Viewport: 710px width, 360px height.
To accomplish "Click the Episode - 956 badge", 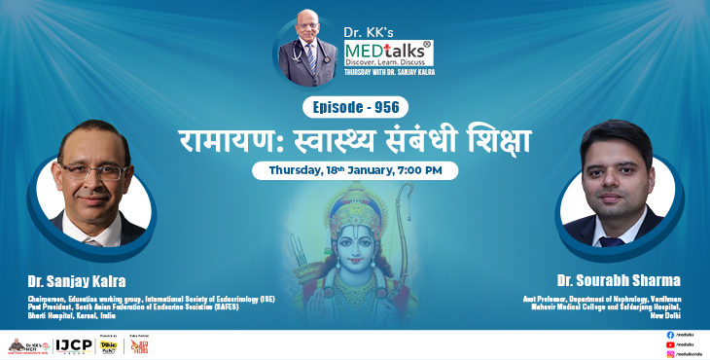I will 355,107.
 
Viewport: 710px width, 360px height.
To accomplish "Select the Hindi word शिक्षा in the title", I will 492,139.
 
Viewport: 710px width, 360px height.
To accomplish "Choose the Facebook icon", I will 670,335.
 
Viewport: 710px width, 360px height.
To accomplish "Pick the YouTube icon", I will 670,344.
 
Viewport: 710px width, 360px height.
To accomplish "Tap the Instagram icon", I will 670,354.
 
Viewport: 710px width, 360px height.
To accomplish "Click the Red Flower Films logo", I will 140,346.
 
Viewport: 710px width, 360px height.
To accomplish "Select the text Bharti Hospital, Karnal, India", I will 51,316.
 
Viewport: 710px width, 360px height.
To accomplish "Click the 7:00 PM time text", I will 425,170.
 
